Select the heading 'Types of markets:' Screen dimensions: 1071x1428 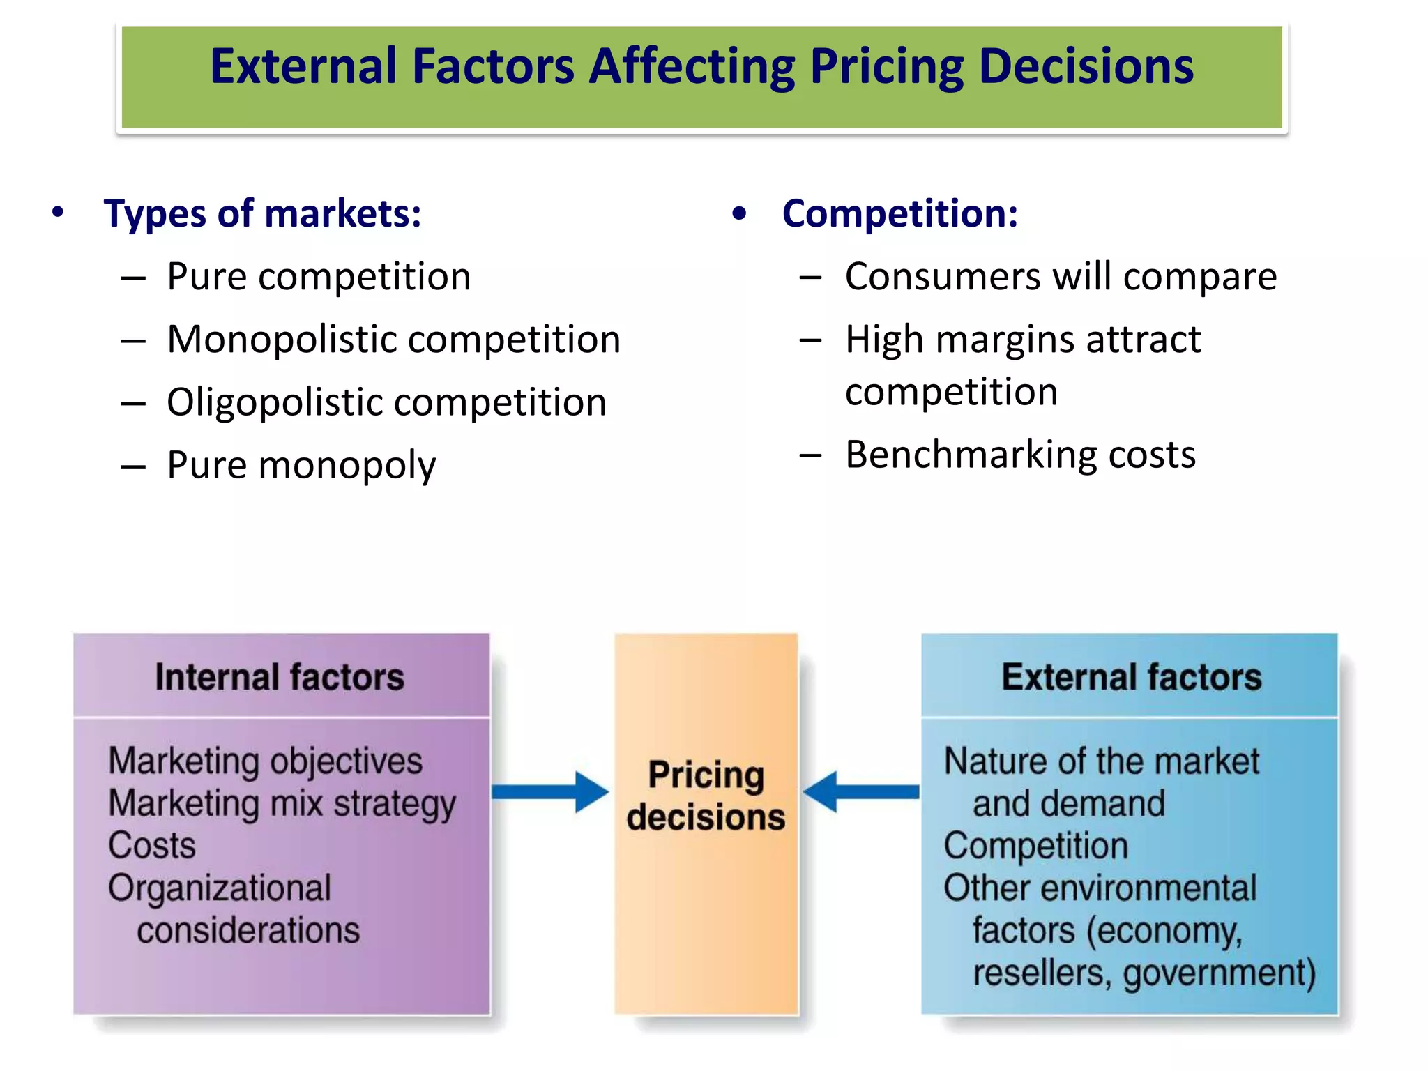(262, 213)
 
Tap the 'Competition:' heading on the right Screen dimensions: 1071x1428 (899, 213)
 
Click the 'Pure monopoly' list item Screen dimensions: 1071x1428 (301, 465)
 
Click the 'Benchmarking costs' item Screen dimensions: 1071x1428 (1020, 455)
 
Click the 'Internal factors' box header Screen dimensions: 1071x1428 (280, 677)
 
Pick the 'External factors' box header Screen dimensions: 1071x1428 (1131, 677)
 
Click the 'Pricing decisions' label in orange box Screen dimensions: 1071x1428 (706, 796)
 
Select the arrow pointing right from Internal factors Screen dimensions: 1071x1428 (550, 792)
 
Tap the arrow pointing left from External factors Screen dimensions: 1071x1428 (861, 792)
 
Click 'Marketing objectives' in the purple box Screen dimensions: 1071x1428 (266, 761)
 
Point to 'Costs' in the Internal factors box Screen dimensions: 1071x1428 (152, 846)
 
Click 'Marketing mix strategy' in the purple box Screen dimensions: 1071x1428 (282, 803)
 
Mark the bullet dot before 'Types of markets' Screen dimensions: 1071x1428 (58, 212)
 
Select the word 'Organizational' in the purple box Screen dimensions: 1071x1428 (220, 888)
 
